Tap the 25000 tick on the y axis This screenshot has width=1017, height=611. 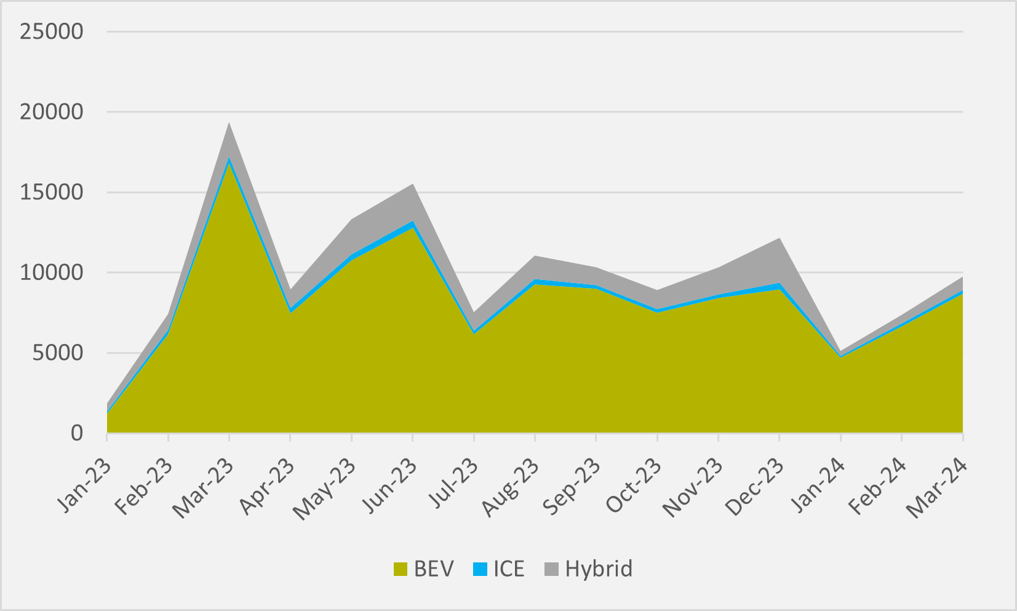(x=51, y=31)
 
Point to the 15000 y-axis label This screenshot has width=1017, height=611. (x=51, y=193)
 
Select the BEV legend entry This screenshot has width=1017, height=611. (x=423, y=569)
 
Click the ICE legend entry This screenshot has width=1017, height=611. (x=499, y=569)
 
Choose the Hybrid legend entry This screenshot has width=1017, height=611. (x=588, y=569)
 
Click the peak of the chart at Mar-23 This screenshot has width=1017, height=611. (x=229, y=123)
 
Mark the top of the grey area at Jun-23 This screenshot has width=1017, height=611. (x=412, y=184)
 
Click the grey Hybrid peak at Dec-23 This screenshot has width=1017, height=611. (x=779, y=238)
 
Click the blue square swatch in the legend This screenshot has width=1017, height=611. (x=480, y=569)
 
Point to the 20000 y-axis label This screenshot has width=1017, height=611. (x=51, y=112)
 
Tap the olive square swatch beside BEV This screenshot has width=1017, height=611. (x=400, y=569)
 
